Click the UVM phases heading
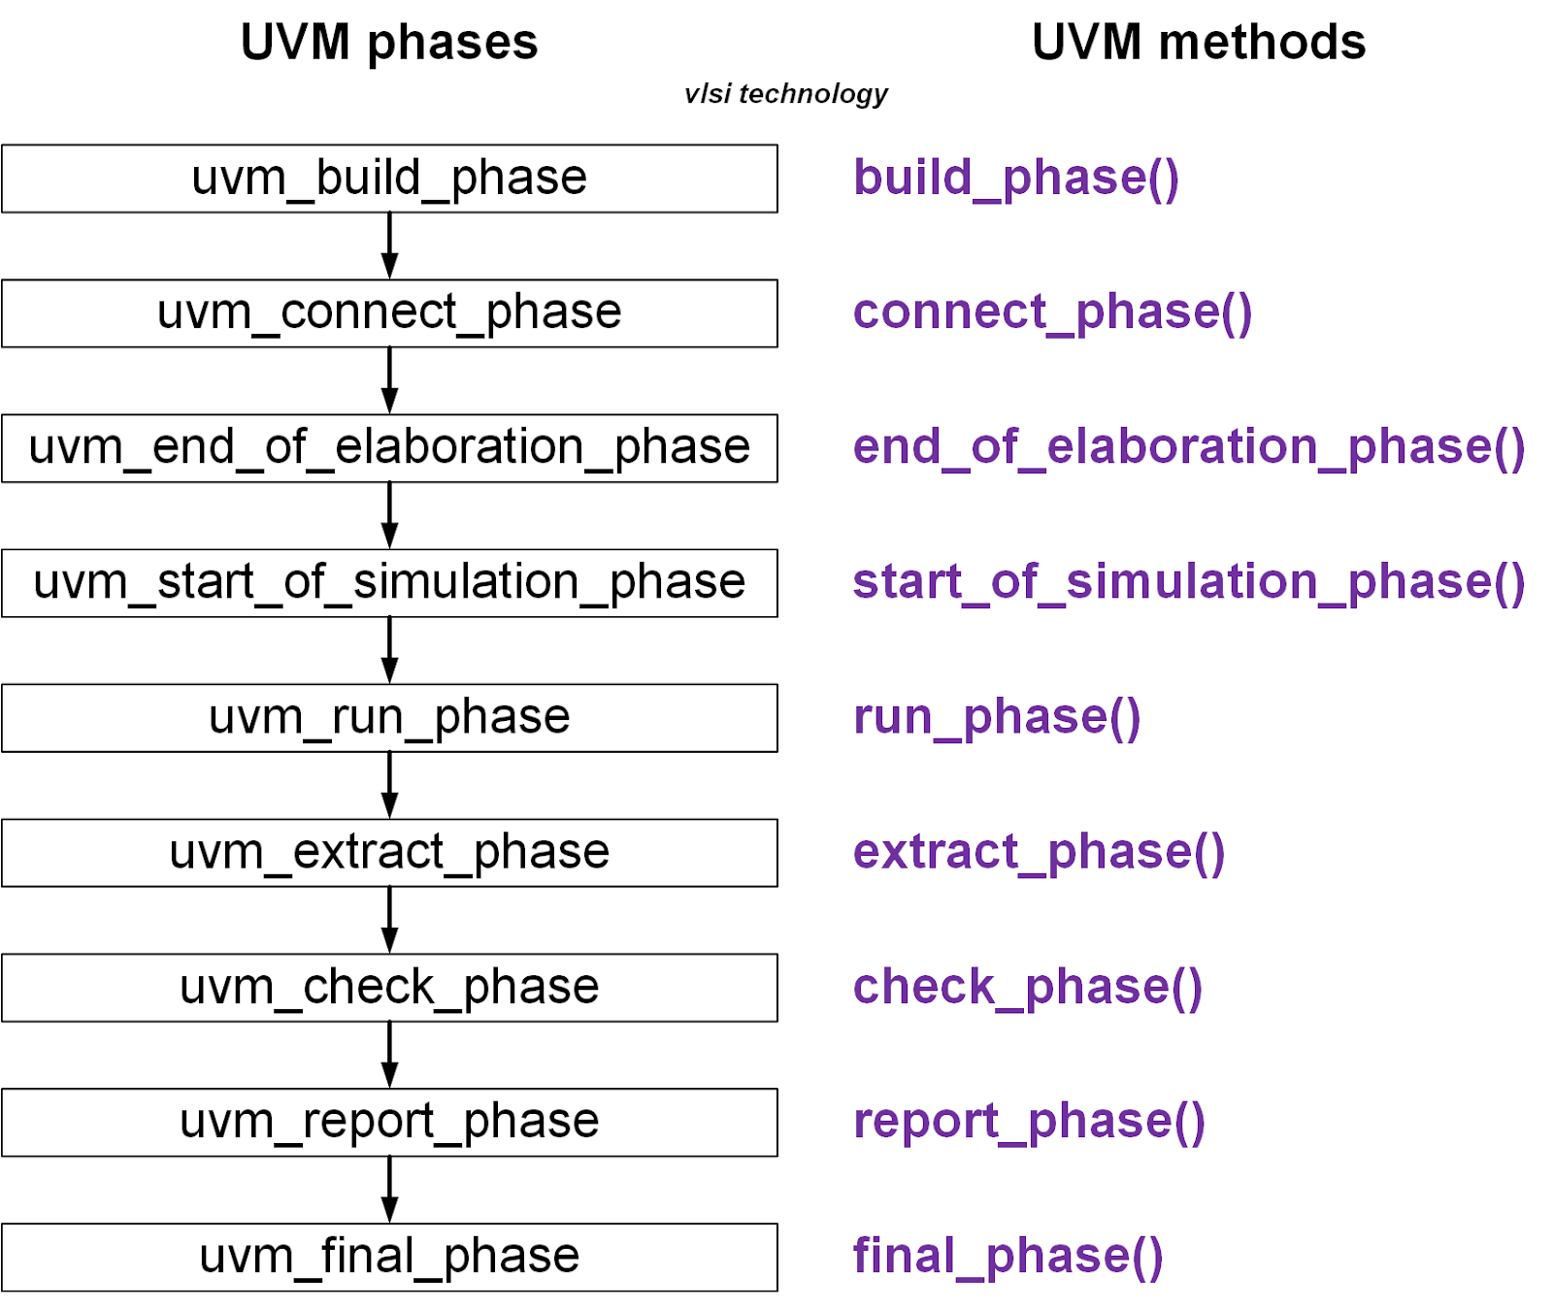coord(388,43)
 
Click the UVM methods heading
coord(1198,43)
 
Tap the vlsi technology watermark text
coord(785,93)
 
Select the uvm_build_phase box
coord(389,179)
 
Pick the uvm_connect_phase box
coord(389,313)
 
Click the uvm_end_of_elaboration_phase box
coord(389,448)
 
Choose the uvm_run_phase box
coord(389,718)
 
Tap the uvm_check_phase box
coord(389,988)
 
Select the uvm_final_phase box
coord(389,1258)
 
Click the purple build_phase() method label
coord(1015,179)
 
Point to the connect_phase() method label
coord(1052,313)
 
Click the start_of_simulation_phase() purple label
coord(1188,583)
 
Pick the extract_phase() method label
coord(1039,853)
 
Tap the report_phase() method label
coord(1029,1123)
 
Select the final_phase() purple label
coord(1008,1258)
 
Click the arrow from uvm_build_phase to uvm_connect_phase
coord(389,246)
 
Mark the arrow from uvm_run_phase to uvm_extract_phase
coord(389,786)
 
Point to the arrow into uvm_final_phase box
coord(389,1191)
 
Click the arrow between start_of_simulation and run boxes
coord(389,651)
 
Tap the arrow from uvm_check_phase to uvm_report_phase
coord(389,1056)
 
